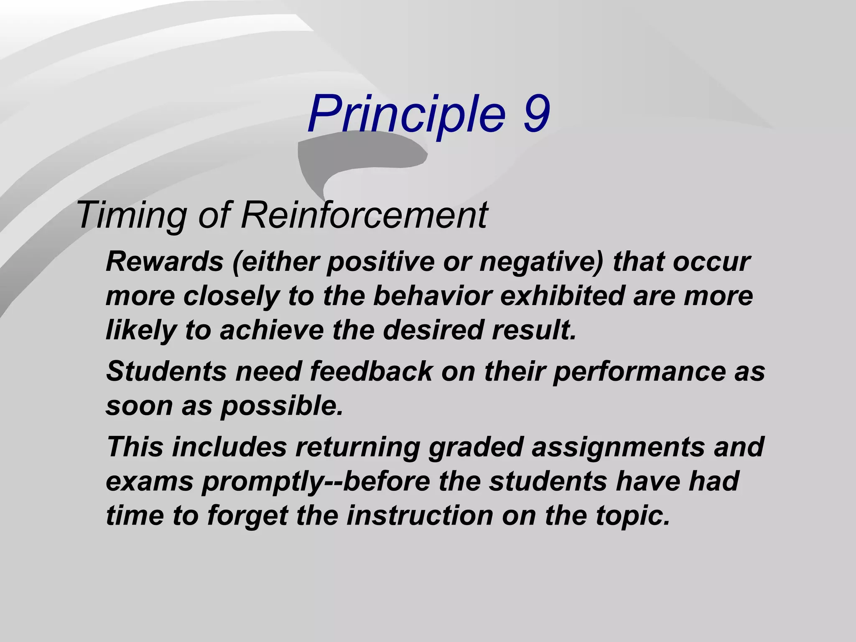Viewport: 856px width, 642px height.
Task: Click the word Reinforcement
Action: pos(364,215)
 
